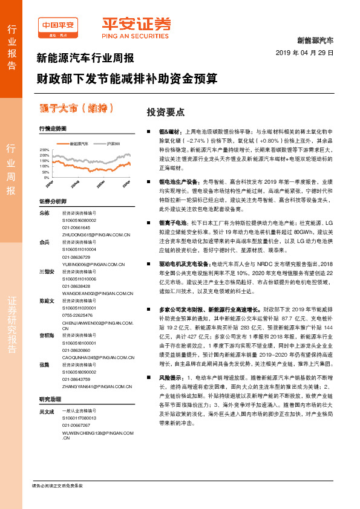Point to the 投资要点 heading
click(x=166, y=112)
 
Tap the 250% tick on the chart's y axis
click(x=44, y=149)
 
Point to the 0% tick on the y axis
click(x=46, y=178)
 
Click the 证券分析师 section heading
click(x=51, y=201)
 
